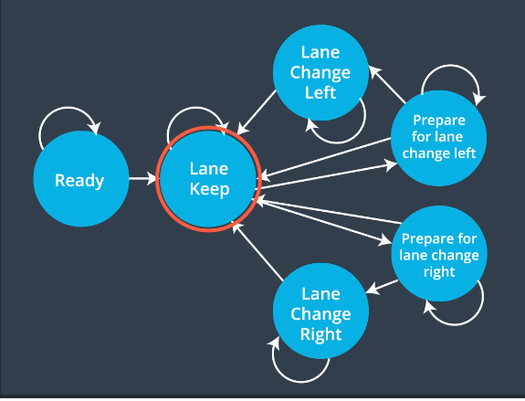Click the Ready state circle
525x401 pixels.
point(81,179)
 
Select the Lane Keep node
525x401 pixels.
point(208,179)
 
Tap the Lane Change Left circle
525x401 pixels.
point(320,72)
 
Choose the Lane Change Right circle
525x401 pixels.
point(320,311)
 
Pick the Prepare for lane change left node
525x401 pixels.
point(438,138)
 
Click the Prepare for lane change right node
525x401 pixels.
point(439,254)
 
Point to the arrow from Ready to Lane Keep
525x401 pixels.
point(142,178)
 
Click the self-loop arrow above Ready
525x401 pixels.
point(68,108)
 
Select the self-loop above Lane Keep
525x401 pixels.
point(196,108)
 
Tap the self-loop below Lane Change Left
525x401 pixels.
point(338,142)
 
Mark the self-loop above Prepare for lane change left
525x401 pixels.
point(451,66)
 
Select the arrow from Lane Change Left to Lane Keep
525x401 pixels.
point(257,112)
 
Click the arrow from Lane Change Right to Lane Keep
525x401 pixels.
point(257,250)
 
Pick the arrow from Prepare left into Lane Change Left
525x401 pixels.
point(387,84)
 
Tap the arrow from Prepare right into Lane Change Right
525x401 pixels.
point(382,287)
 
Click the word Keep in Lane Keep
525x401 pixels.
point(210,189)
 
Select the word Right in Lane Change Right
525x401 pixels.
point(321,334)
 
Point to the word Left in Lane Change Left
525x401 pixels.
point(320,92)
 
